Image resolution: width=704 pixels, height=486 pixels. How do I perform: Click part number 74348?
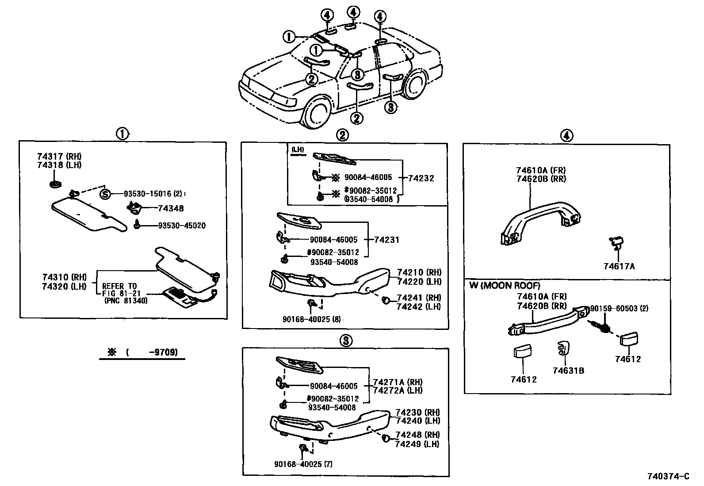171,208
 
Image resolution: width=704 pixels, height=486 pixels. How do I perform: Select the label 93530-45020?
182,226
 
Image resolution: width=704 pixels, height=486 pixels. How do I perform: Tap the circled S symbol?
104,194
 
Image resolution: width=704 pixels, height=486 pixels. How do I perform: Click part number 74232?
421,178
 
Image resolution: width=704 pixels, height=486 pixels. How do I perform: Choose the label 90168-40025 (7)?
303,464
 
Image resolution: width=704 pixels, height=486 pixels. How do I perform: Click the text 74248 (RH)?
417,435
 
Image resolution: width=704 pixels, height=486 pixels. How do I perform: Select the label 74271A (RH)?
398,382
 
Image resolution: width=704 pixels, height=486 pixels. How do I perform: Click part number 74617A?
619,266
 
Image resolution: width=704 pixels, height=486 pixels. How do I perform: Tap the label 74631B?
568,371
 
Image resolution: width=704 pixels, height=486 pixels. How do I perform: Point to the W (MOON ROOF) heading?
505,286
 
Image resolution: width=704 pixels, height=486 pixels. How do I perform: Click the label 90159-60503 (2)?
619,308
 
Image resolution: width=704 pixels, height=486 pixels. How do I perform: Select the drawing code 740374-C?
668,477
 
